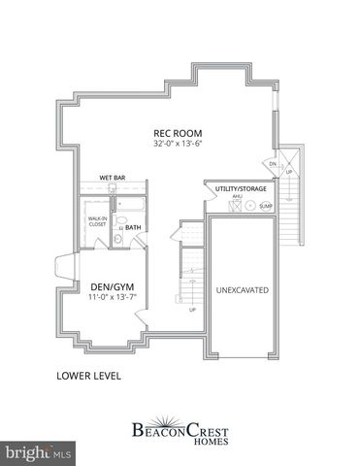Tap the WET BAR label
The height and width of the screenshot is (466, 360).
pos(114,178)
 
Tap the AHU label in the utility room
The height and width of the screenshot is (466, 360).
pos(236,196)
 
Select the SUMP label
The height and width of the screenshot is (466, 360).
pos(266,207)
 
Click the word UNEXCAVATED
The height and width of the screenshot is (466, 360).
pos(242,290)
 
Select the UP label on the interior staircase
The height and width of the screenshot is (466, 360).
pos(192,311)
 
